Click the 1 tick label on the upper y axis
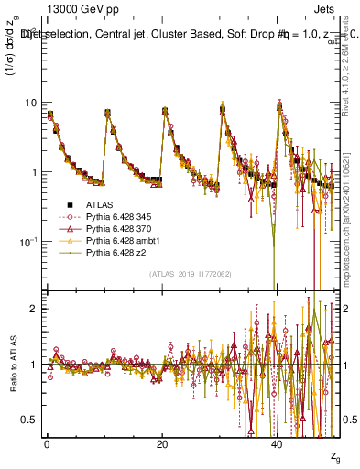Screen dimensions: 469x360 click(33, 173)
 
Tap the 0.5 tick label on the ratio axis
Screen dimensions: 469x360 click(29, 420)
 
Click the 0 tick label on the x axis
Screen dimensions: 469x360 click(48, 444)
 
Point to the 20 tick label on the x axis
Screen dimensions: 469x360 click(162, 444)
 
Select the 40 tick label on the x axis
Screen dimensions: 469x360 click(278, 444)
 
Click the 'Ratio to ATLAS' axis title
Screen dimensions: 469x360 click(11, 365)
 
